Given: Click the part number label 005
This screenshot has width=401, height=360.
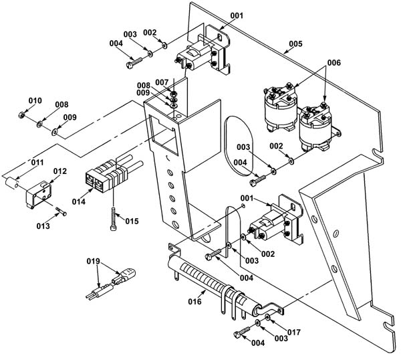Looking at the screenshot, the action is click(295, 43).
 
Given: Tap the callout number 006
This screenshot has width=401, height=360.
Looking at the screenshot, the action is click(334, 62).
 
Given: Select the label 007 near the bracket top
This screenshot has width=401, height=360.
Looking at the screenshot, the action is click(162, 82).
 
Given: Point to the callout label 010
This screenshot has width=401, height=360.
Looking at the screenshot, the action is click(35, 100).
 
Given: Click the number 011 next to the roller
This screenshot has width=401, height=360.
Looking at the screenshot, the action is click(37, 163).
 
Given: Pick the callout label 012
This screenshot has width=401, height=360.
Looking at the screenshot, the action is click(60, 171).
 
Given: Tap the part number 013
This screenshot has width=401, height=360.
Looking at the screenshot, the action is click(43, 226).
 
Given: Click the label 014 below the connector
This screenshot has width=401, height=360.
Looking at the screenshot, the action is click(78, 201).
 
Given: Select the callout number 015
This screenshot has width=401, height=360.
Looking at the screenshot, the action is click(132, 221).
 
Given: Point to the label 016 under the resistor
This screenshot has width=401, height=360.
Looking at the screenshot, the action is click(195, 302).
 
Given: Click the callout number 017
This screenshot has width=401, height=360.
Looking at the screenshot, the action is click(294, 333).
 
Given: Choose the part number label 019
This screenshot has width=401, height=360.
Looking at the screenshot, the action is click(93, 261).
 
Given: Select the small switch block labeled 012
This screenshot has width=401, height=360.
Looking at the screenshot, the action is click(38, 195).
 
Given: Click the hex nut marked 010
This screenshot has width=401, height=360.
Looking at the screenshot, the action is click(21, 115).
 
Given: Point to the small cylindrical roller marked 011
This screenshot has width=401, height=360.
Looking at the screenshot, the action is click(12, 183).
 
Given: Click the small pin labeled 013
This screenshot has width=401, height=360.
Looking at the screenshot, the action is click(61, 211).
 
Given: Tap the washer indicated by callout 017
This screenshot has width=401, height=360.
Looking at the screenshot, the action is click(267, 318).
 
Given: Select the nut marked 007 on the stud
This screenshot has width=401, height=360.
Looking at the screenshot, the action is click(173, 93).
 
